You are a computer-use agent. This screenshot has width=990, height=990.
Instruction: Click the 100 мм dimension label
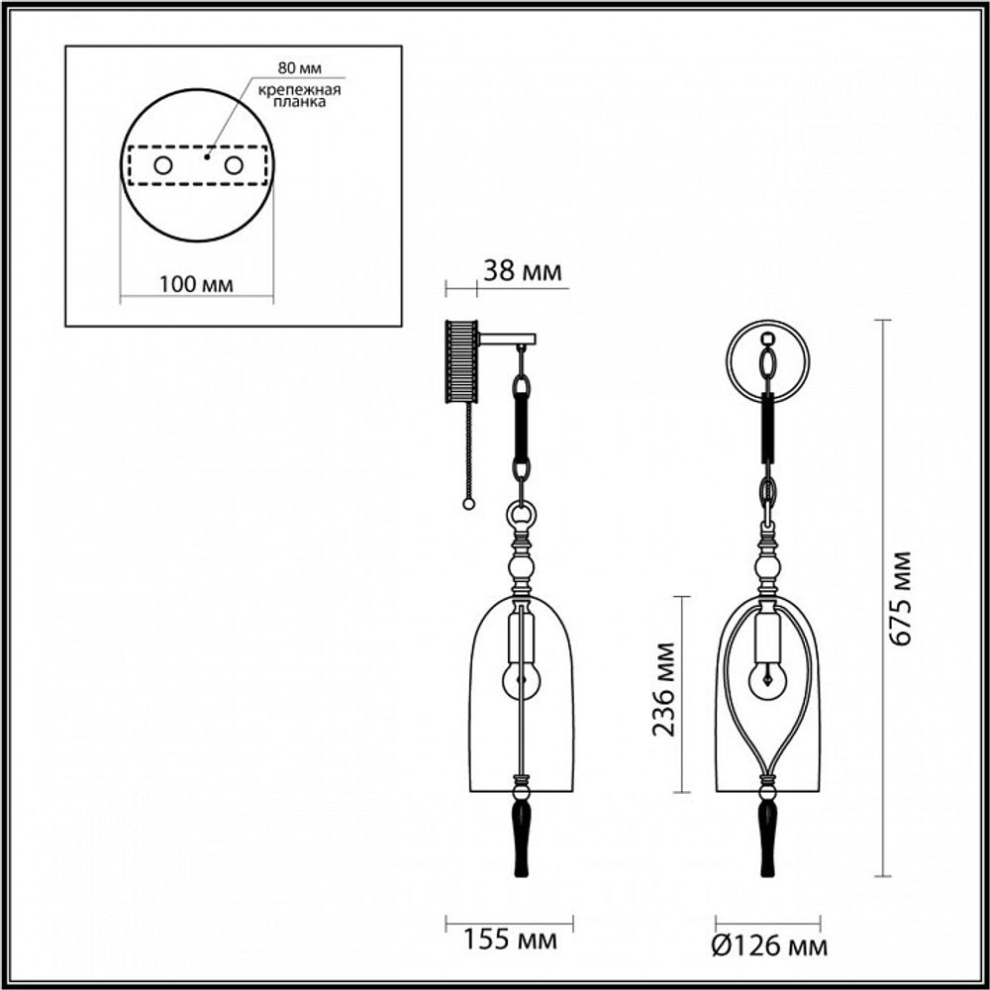tap(196, 285)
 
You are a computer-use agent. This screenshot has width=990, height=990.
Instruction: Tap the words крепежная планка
tap(299, 96)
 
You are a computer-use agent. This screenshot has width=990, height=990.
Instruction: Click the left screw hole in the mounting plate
tap(162, 165)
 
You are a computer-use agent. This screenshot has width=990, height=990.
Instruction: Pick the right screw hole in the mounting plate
tap(233, 165)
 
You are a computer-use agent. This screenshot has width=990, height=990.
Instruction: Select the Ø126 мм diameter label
tap(769, 947)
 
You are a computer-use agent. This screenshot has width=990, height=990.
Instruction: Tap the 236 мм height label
tap(664, 693)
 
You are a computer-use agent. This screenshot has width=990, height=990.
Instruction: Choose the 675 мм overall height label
tap(900, 598)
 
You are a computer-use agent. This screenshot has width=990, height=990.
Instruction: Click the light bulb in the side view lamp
tap(521, 677)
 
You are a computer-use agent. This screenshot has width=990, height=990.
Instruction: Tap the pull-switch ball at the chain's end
tap(468, 505)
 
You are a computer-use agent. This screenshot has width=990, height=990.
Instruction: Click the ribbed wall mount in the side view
tap(462, 360)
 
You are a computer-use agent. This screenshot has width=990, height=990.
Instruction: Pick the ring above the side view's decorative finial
tap(522, 515)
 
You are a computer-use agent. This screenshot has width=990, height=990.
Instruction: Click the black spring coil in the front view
tap(767, 426)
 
